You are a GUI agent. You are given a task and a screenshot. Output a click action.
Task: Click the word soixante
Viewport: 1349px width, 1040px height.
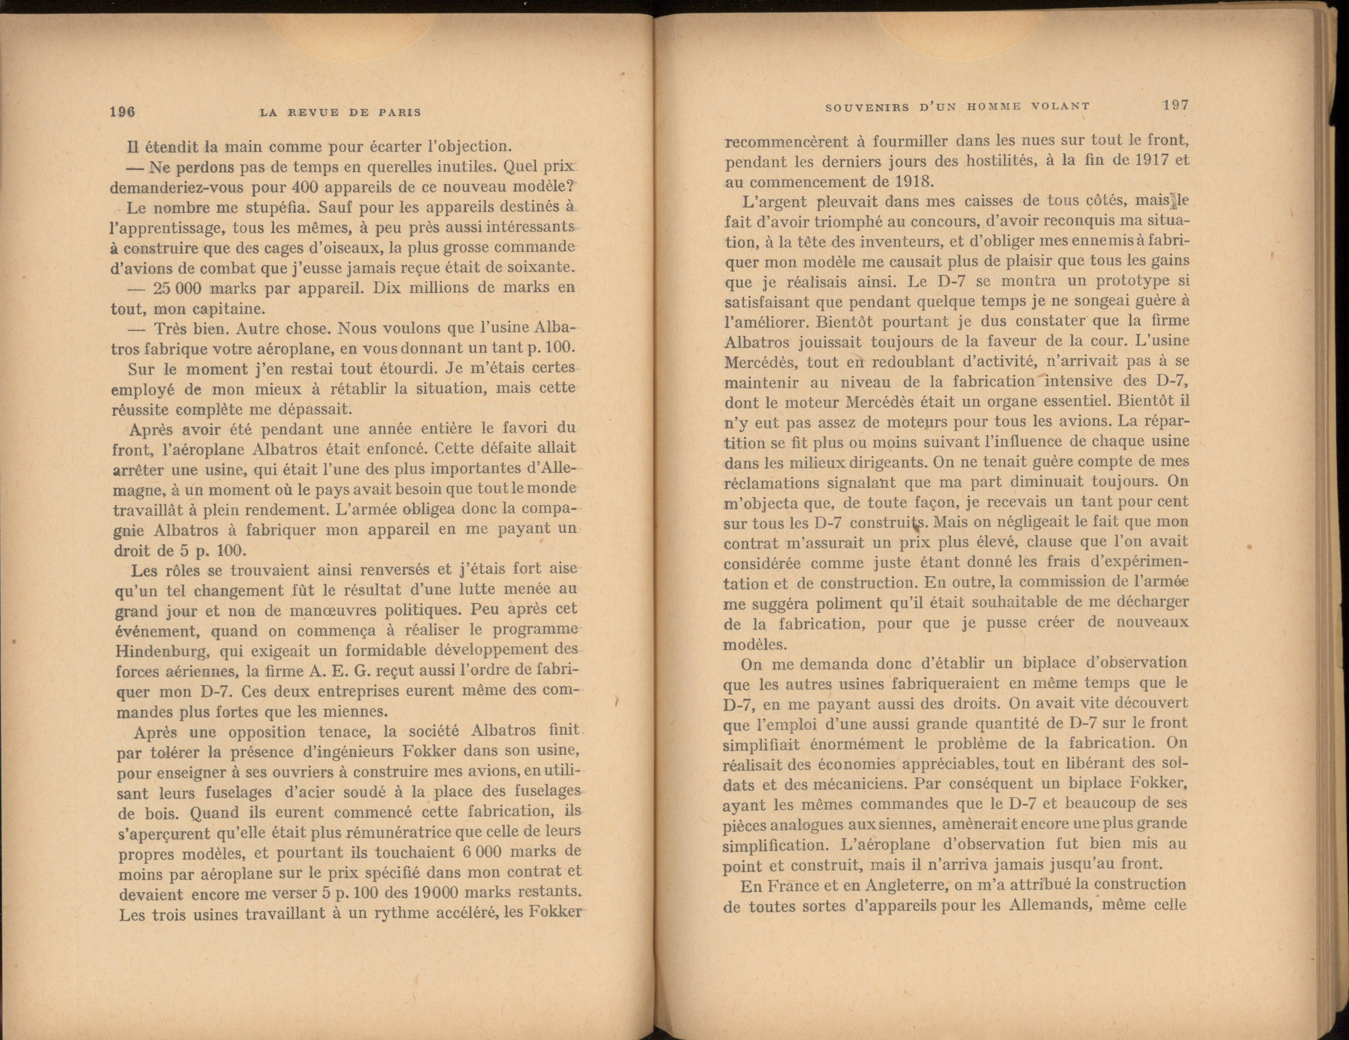coord(544,268)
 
